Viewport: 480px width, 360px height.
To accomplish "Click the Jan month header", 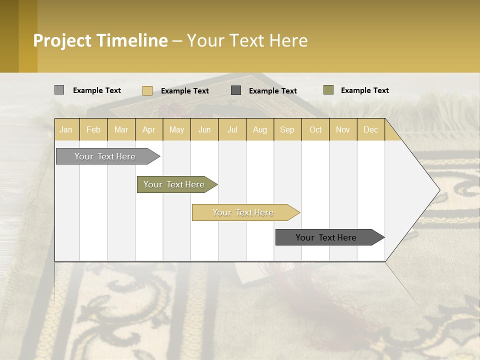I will point(66,129).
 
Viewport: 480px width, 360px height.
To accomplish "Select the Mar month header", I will point(121,129).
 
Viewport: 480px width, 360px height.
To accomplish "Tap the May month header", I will point(176,129).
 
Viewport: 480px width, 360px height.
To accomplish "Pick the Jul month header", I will point(232,129).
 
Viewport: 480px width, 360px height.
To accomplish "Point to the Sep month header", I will point(287,129).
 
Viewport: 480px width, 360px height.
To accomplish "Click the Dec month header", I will point(370,129).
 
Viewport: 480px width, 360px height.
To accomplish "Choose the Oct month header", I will point(315,129).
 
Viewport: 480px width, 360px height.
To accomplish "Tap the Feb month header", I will point(93,129).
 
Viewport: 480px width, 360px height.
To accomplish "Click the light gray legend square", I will point(59,90).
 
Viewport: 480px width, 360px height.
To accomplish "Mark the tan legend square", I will point(147,90).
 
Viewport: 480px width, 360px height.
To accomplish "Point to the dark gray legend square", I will point(236,90).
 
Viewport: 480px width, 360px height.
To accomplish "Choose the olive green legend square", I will point(328,90).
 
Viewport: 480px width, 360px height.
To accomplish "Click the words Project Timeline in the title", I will point(100,40).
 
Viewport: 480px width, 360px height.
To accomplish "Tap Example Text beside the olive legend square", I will point(364,90).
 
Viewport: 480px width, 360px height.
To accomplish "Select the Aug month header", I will point(259,129).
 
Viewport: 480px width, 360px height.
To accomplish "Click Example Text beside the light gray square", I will point(97,90).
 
